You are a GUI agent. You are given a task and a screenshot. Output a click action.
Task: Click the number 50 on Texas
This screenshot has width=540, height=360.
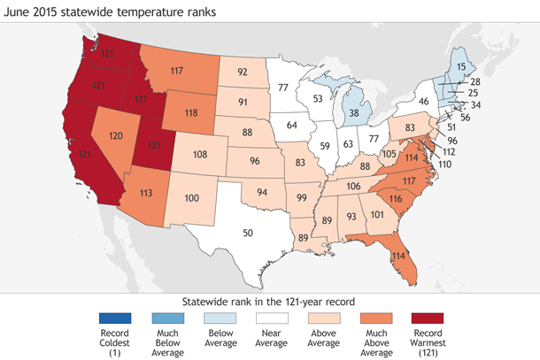248,232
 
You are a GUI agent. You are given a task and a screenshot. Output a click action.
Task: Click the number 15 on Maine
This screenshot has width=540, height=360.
461,67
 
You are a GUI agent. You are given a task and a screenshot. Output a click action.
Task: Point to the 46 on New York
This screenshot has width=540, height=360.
424,103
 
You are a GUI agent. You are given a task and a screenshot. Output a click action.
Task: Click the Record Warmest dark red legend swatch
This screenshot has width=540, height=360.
428,318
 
